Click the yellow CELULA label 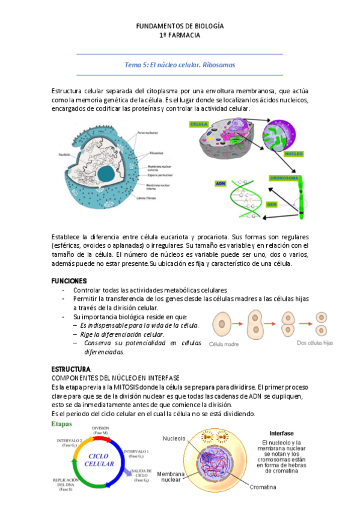click(199, 124)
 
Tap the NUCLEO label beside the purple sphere click(293, 154)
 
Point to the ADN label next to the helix click(219, 183)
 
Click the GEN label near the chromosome click(272, 204)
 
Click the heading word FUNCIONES click(69, 281)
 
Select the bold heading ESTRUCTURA click(71, 368)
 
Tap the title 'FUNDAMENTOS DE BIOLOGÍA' click(180, 26)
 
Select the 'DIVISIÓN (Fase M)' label click(100, 431)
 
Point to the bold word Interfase click(281, 433)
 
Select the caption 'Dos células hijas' click(316, 343)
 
